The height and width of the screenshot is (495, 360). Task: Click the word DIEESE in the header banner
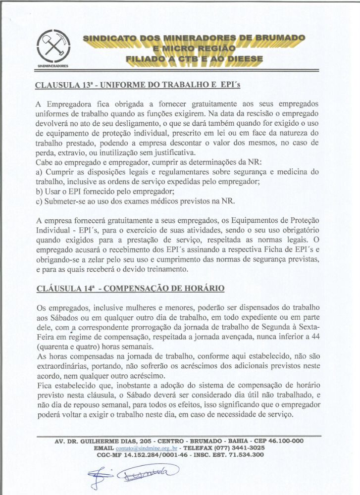pos(245,59)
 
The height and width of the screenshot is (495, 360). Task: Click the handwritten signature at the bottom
pos(144,476)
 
